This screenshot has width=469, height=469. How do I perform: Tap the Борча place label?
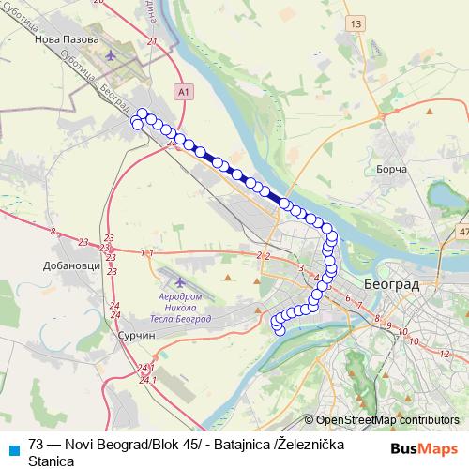(x=389, y=169)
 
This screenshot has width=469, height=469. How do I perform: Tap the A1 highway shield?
(x=184, y=91)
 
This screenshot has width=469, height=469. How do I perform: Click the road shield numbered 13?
(x=355, y=23)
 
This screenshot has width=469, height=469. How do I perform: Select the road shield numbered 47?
(x=462, y=232)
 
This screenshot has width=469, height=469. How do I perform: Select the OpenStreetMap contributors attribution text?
(x=387, y=420)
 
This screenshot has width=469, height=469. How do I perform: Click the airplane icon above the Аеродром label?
(x=180, y=282)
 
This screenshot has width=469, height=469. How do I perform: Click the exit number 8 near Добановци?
(x=53, y=231)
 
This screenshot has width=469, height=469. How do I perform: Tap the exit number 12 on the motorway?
(x=443, y=354)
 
